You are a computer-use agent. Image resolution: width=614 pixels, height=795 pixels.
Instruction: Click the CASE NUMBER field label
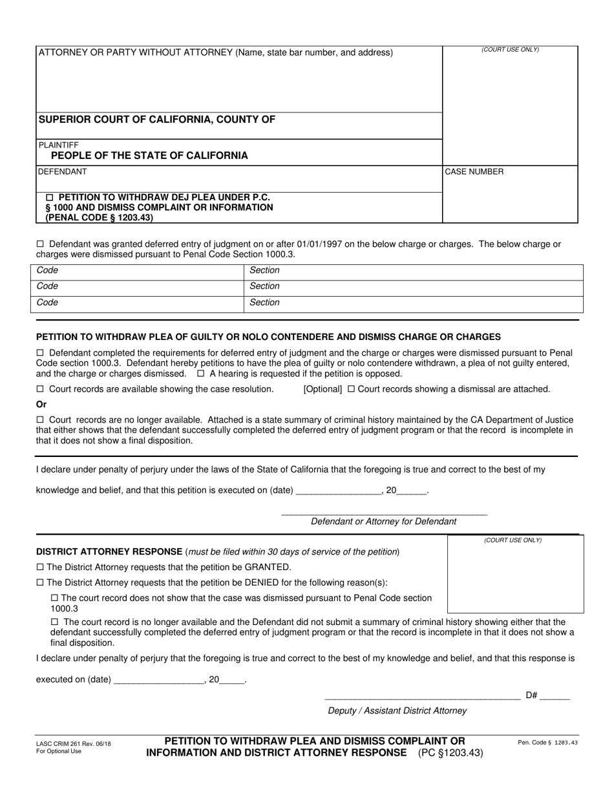point(474,172)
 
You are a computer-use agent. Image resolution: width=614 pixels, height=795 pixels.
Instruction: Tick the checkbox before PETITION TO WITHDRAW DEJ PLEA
point(52,197)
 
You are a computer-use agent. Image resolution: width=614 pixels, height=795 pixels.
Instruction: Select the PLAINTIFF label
point(59,145)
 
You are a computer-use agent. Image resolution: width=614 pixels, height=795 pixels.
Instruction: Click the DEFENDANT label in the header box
point(63,172)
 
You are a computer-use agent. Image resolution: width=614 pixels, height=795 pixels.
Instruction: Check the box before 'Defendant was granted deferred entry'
point(40,244)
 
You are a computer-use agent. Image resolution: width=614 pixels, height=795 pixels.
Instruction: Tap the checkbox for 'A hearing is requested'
point(201,374)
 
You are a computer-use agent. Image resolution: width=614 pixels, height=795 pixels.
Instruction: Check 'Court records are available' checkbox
point(40,389)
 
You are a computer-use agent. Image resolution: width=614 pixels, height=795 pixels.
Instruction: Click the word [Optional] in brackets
point(323,389)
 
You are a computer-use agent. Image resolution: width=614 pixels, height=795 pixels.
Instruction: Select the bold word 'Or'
point(41,405)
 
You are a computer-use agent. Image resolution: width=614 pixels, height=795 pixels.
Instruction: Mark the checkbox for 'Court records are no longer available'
point(40,420)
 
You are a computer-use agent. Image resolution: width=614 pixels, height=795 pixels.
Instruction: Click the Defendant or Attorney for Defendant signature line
point(384,513)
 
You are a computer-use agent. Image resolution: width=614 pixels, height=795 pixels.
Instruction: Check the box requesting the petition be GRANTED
point(40,567)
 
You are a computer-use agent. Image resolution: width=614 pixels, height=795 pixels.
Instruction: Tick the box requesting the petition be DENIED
point(40,582)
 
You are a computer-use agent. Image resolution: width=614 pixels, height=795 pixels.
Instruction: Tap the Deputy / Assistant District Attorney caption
point(397,710)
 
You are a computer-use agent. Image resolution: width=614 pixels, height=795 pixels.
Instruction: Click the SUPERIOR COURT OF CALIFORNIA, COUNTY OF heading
point(157,119)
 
